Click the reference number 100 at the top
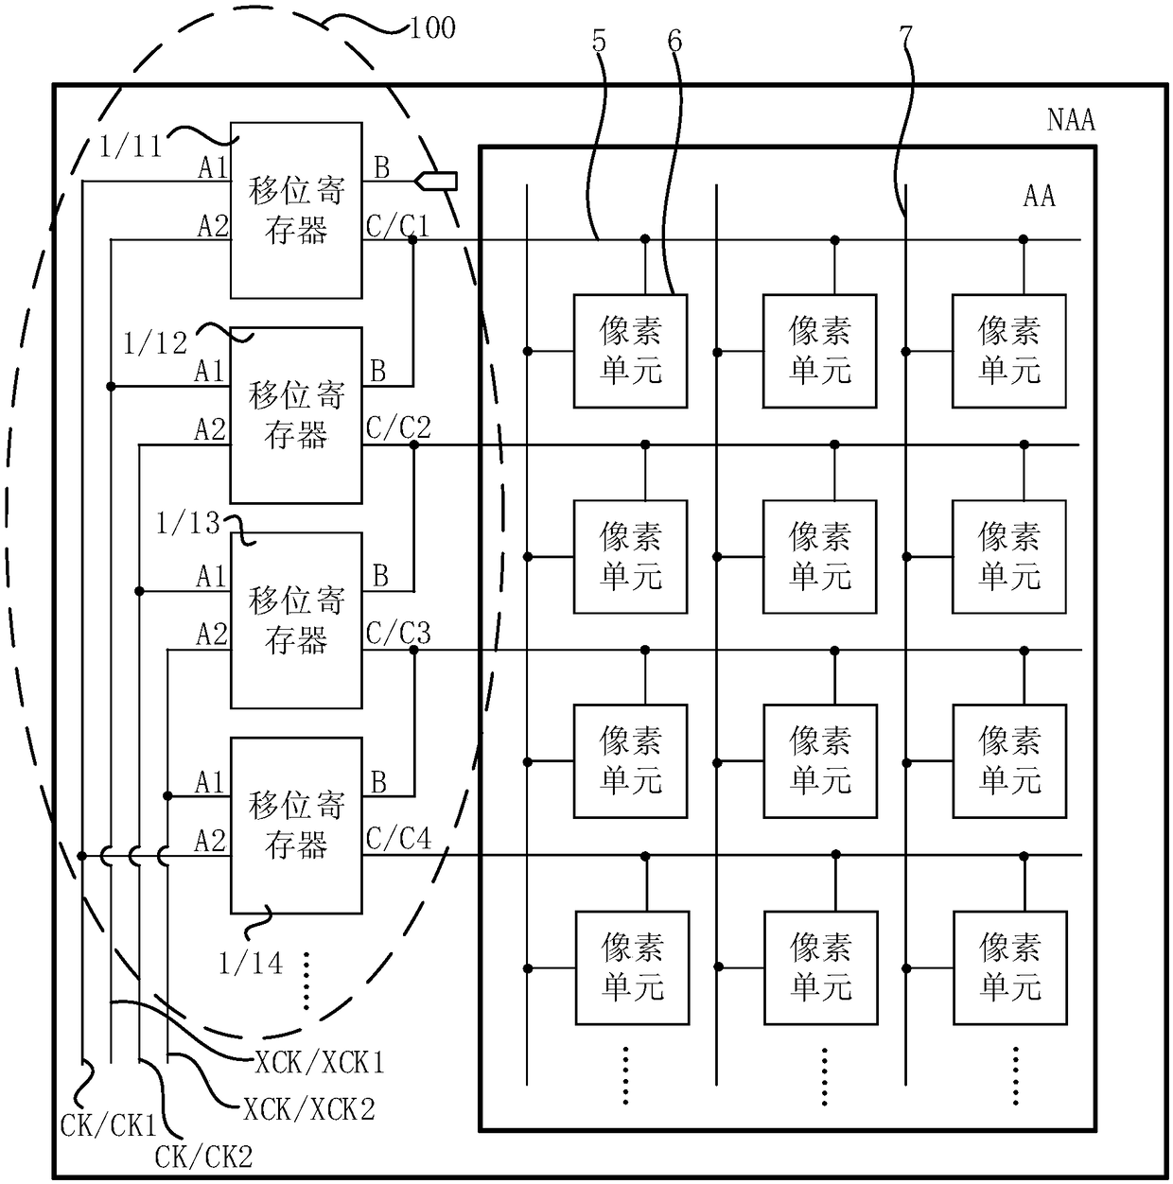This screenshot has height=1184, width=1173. [x=433, y=28]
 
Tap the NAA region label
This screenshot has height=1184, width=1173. [x=1071, y=120]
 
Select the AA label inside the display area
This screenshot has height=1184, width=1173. [x=1039, y=196]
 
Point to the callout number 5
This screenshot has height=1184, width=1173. [x=599, y=42]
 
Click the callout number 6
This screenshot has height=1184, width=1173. [x=674, y=42]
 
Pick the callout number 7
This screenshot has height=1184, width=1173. [x=906, y=37]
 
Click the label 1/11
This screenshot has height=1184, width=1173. [x=131, y=147]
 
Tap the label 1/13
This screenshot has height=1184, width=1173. [x=187, y=524]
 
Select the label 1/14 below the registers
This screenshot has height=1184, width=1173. [x=251, y=964]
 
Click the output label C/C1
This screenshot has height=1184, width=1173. [x=397, y=226]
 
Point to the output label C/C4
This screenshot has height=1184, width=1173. [x=398, y=838]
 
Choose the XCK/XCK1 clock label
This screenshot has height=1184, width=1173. [x=320, y=1062]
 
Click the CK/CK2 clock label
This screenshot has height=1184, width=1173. [x=203, y=1158]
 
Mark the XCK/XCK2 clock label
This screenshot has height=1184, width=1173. [x=308, y=1109]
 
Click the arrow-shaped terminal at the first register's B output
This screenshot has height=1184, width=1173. [x=436, y=182]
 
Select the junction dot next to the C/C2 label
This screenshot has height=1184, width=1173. [x=413, y=444]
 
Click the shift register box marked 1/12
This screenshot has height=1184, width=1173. [x=296, y=415]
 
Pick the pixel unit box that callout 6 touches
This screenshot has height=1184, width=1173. [x=630, y=351]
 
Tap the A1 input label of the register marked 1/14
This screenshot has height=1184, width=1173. [x=209, y=783]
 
